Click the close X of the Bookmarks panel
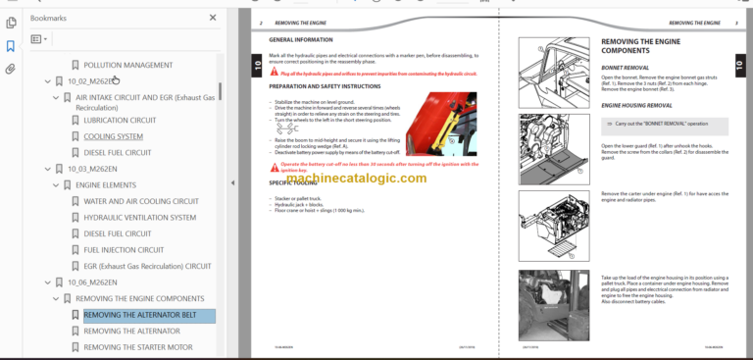point(214,18)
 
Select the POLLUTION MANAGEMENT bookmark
point(127,65)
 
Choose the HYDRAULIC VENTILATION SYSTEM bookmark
point(139,217)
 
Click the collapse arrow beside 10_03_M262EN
point(46,169)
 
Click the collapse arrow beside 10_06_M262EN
point(46,283)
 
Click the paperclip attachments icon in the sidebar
point(10,69)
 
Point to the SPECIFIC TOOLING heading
point(292,182)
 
